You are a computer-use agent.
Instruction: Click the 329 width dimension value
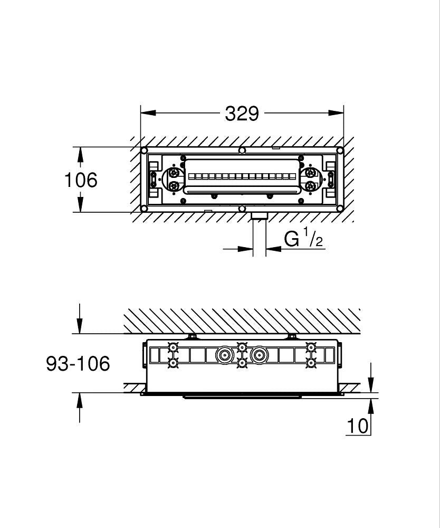[242, 114]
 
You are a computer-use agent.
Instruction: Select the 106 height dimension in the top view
[81, 180]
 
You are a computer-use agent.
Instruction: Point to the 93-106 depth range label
[78, 364]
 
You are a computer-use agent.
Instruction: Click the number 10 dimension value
[357, 426]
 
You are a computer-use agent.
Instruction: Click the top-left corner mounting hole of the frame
[145, 150]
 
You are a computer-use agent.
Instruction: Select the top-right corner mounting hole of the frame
[340, 150]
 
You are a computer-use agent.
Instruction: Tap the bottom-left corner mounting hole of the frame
[145, 209]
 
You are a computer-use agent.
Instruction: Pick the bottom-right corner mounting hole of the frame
[340, 209]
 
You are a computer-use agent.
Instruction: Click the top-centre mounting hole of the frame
[242, 150]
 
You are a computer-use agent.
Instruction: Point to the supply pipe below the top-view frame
[260, 235]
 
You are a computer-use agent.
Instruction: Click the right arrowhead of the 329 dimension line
[336, 113]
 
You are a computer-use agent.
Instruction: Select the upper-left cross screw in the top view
[174, 173]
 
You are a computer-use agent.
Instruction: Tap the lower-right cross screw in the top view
[310, 186]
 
